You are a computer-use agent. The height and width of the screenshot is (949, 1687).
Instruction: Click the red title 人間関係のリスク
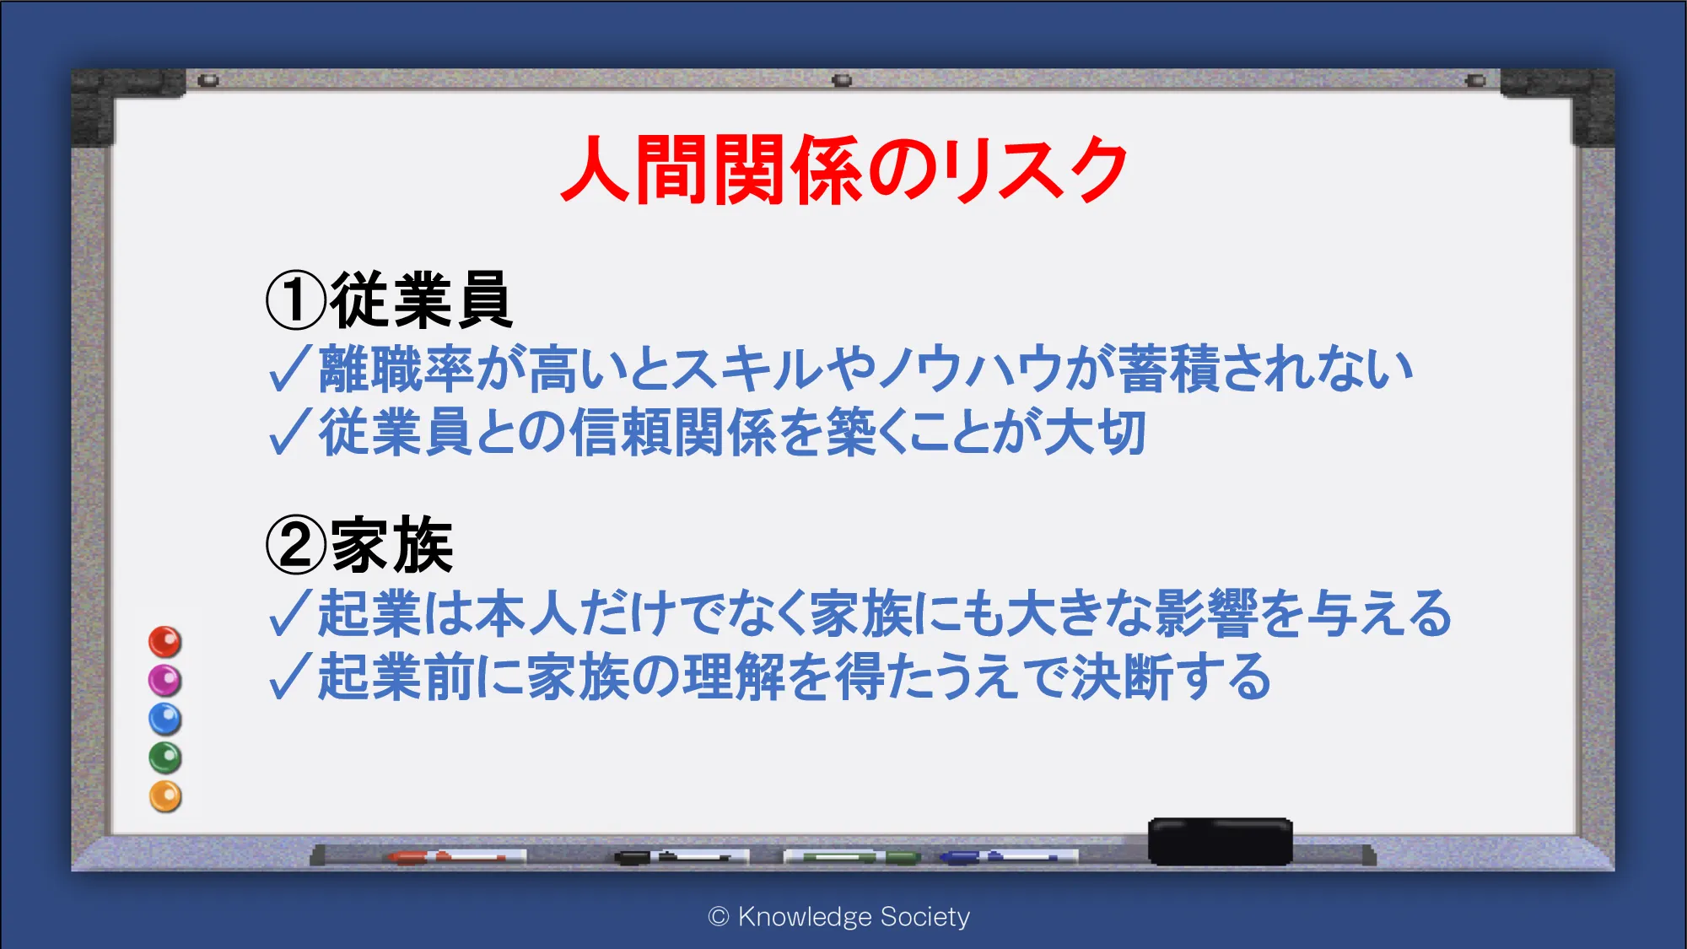[x=844, y=170]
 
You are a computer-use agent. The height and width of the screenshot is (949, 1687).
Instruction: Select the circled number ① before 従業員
[x=296, y=300]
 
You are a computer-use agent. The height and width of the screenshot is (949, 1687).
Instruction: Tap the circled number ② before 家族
[x=296, y=545]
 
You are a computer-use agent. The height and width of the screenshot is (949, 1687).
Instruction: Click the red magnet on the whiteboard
[x=165, y=642]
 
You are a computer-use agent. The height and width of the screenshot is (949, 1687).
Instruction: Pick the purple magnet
[x=165, y=680]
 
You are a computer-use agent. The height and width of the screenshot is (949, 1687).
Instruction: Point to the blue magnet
[x=165, y=719]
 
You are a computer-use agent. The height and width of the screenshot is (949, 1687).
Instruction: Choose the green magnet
[x=165, y=758]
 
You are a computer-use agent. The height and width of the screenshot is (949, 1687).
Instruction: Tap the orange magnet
[x=165, y=796]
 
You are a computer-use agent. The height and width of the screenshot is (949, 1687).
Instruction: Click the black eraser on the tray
[x=1220, y=841]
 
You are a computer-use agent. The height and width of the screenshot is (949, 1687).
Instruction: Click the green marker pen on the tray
[x=852, y=857]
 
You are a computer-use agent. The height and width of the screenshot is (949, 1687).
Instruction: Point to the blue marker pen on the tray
[x=1009, y=857]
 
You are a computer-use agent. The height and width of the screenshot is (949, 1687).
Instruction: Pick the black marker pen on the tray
[x=682, y=857]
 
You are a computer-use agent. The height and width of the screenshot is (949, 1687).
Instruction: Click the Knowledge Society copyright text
[x=839, y=917]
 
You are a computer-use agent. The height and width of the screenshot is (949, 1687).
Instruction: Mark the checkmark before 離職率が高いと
[x=290, y=369]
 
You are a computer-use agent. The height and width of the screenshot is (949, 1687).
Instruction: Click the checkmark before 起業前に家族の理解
[x=290, y=677]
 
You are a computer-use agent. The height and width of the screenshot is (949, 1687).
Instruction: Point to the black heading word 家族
[x=392, y=545]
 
